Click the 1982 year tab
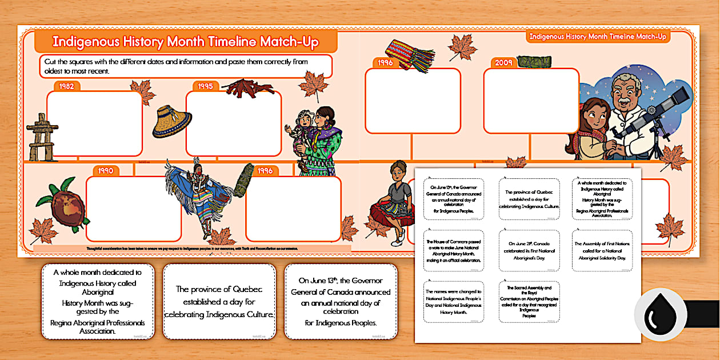coord(66,86)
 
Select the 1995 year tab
coord(205,86)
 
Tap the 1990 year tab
coord(105,170)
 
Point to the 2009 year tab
coord(503,62)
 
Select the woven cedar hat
coord(171,121)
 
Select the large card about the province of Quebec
coord(219,301)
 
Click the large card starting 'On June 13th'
coord(341,301)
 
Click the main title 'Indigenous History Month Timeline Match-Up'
coord(185,42)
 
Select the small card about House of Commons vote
coord(453,251)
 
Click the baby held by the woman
coord(302,129)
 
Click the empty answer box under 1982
coord(94,123)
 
